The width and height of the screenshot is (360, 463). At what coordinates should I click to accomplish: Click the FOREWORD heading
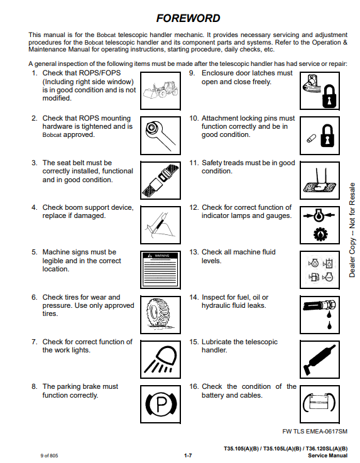188,18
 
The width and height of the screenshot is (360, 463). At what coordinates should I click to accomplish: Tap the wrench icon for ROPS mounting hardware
160,136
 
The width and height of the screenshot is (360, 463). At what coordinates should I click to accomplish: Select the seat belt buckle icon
160,180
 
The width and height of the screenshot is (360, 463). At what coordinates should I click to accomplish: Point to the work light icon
160,359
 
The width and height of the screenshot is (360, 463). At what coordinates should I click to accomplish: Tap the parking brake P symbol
160,404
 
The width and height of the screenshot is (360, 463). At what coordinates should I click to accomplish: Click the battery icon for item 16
320,404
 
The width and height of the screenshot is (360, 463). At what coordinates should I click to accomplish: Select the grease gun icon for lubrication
320,359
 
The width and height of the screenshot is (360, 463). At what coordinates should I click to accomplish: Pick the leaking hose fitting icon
320,315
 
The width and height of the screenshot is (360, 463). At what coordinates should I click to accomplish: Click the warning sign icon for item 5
160,270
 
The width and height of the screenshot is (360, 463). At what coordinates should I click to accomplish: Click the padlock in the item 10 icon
327,136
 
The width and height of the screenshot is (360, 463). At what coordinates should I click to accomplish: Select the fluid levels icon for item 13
320,270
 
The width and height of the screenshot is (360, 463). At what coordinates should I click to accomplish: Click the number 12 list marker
194,207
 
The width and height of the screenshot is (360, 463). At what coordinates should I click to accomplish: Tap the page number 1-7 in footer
188,455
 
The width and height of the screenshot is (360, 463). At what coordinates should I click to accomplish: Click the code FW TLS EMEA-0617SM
315,432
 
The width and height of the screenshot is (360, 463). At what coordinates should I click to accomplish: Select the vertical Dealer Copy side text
352,230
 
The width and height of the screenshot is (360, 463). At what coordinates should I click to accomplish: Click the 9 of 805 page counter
49,455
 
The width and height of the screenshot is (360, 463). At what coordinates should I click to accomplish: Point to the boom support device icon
160,225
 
